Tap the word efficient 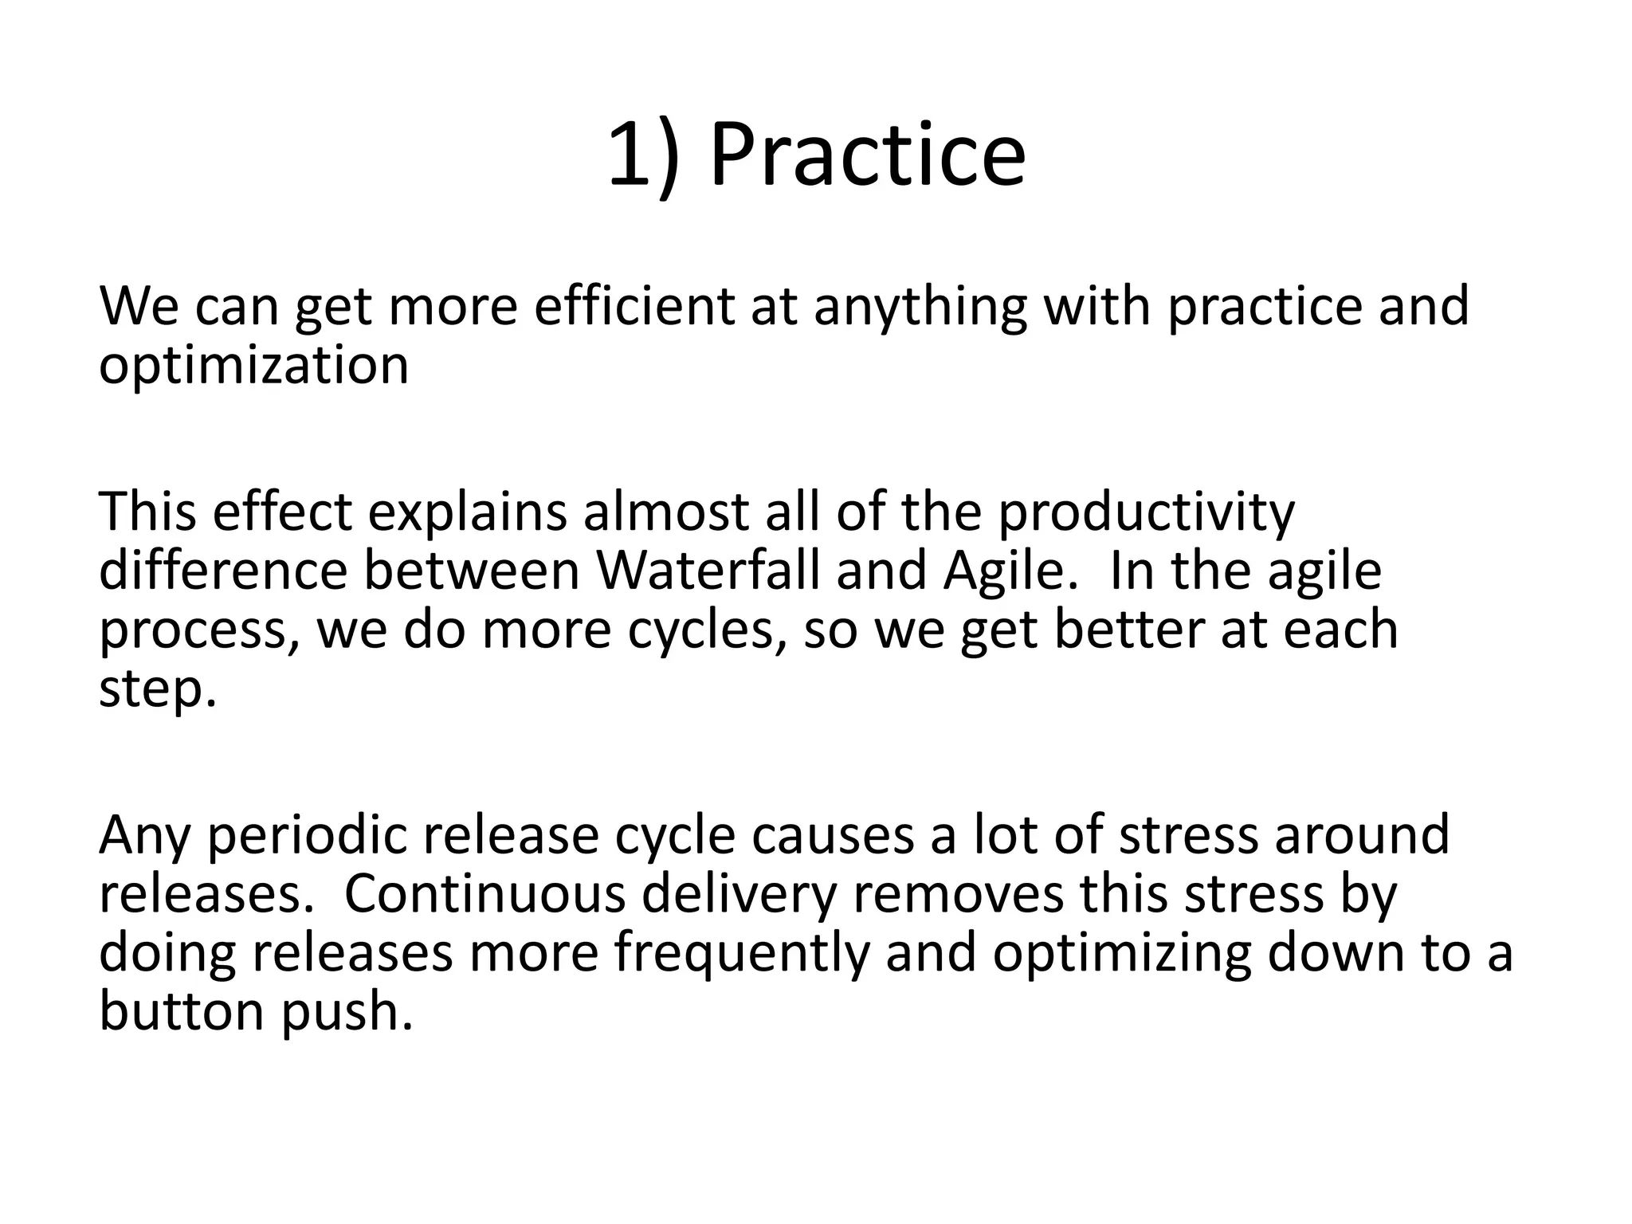click(634, 307)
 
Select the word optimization click(253, 366)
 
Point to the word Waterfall click(708, 571)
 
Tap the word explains click(467, 512)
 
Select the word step click(156, 689)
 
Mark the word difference click(223, 571)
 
